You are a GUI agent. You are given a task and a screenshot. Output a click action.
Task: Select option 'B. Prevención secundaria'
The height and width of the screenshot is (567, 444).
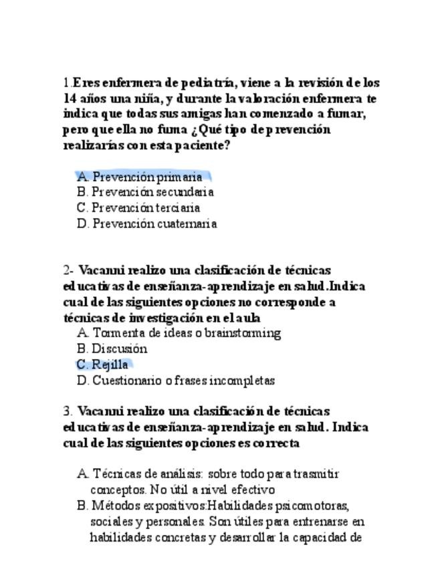pos(145,193)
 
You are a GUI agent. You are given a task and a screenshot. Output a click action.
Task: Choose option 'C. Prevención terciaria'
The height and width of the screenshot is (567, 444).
pos(138,208)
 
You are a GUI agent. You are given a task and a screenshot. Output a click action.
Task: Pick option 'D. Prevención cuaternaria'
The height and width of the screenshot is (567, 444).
pos(147,224)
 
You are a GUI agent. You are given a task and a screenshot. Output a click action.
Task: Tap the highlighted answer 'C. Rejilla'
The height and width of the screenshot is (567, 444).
pos(103,365)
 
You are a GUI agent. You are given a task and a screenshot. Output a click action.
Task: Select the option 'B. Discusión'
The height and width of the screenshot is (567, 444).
pos(112,349)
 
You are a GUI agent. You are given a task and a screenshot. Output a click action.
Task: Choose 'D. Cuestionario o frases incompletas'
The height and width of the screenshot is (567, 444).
pos(176,381)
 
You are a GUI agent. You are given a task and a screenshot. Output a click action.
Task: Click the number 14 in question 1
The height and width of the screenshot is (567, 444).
pos(70,99)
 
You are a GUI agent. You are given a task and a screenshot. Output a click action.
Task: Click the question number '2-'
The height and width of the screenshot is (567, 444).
pos(69,271)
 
